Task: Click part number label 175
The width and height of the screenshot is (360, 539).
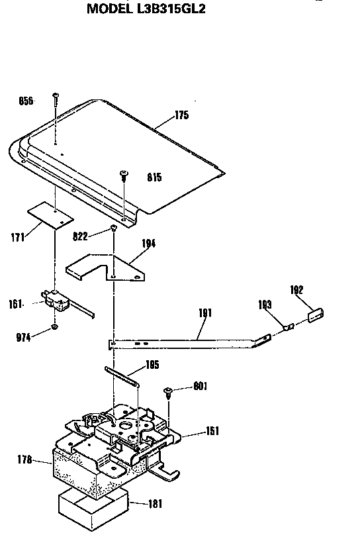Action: coord(182,115)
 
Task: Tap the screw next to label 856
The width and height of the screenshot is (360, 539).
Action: coord(56,99)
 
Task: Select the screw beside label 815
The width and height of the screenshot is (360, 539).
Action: coord(124,175)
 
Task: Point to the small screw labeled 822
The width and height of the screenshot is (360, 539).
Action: coord(113,227)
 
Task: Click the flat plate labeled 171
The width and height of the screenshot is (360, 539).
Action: coord(50,215)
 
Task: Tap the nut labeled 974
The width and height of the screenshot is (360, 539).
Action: coord(54,326)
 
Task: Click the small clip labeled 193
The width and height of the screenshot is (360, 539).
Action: coord(289,327)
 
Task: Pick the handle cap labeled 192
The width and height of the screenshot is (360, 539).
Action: coord(316,315)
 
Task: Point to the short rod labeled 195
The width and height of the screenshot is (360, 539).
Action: coord(122,375)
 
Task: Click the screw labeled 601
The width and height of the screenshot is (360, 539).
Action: coord(168,392)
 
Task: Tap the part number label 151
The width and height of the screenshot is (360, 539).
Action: coord(212,430)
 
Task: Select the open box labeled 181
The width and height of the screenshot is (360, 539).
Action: coord(93,508)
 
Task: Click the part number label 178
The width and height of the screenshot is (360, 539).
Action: coord(24,460)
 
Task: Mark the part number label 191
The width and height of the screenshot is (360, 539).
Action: coord(205,313)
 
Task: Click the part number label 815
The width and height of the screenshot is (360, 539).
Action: coord(154,177)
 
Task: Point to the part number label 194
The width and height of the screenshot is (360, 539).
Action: coord(148,244)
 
